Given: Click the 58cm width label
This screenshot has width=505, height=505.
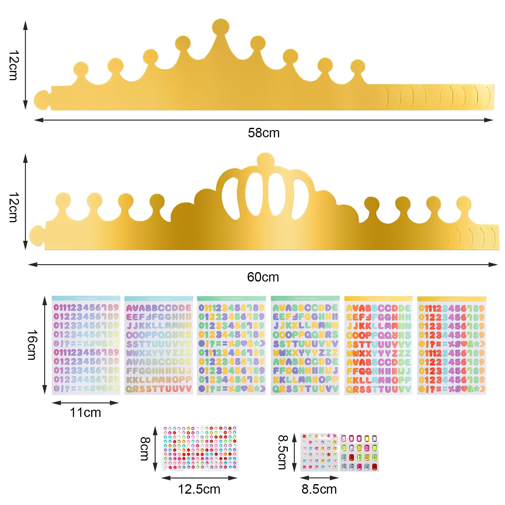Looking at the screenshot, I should (x=264, y=133).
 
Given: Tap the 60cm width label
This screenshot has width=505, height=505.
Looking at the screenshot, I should (x=263, y=277).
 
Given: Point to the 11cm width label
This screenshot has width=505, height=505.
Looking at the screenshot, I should (x=85, y=413).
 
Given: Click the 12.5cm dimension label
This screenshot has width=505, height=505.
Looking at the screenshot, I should (x=199, y=489).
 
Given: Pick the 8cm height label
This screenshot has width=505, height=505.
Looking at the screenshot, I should (x=145, y=449).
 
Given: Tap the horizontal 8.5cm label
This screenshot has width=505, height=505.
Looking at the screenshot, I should (x=319, y=489).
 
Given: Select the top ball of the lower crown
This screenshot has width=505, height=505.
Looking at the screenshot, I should (x=265, y=160).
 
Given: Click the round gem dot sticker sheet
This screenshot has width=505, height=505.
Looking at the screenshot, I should (x=200, y=448).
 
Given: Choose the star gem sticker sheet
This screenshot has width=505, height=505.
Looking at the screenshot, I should (x=319, y=452).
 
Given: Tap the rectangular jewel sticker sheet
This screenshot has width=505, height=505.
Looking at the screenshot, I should (x=359, y=452).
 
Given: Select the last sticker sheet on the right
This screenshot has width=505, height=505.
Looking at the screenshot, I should (x=451, y=346).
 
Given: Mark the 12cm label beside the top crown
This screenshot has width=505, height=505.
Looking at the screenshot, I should (x=14, y=65).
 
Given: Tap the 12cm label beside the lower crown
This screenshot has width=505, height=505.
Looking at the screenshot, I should (x=14, y=207).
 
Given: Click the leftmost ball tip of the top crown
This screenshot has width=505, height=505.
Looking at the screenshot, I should (x=81, y=69).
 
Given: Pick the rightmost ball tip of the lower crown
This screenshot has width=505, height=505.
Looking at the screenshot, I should (x=463, y=204).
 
